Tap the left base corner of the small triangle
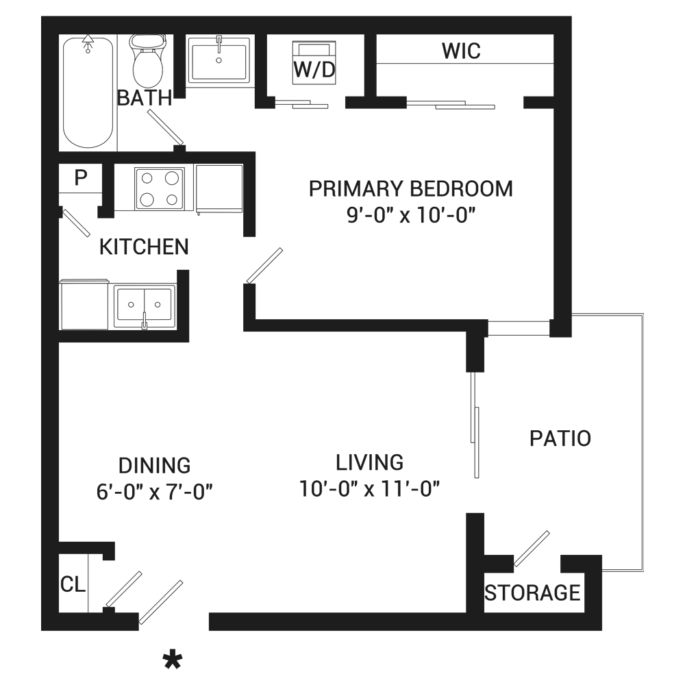[x=242, y=536]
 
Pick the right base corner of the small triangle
[x=266, y=536]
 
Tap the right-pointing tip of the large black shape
[x=296, y=409]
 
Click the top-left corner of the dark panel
[x=42, y=16]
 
